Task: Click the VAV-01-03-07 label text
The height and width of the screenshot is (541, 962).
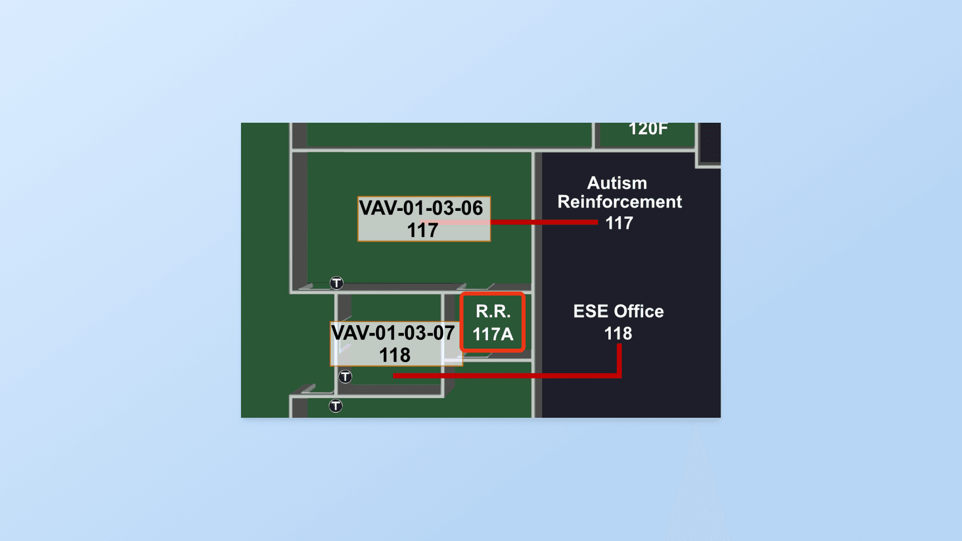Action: [x=393, y=333]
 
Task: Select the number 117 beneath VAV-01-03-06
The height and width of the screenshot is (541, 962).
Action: [x=422, y=231]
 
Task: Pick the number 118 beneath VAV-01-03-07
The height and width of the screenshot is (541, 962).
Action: [x=395, y=356]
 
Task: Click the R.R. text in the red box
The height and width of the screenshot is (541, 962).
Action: [x=493, y=312]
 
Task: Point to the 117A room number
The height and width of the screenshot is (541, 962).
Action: [x=493, y=334]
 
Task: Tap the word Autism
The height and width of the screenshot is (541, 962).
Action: [x=617, y=183]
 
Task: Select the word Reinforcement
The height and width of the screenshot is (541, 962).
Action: [x=619, y=202]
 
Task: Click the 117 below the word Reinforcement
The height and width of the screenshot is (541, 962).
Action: [x=619, y=223]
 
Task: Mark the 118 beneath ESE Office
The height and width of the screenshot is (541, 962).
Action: [x=618, y=334]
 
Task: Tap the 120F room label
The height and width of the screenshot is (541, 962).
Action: [x=648, y=129]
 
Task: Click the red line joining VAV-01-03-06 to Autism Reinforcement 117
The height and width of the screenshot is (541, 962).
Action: [x=544, y=222]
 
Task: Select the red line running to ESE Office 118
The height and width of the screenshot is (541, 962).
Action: [x=506, y=375]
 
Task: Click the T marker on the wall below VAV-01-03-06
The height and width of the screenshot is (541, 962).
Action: [x=336, y=283]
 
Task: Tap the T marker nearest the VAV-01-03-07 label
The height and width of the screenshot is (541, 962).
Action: [x=345, y=377]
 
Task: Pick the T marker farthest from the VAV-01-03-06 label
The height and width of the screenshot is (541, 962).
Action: [x=336, y=406]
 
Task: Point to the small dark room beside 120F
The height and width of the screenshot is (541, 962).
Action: [x=709, y=142]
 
